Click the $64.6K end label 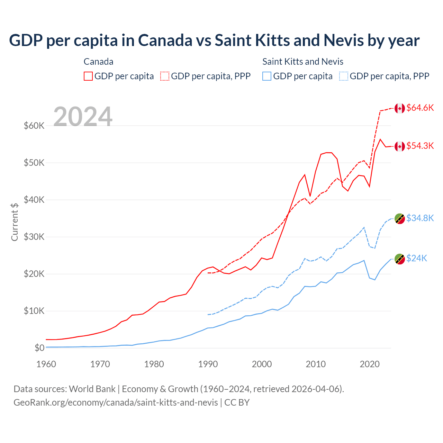coord(420,108)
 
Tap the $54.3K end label coord(420,146)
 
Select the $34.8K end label coord(420,218)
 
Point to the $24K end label coord(417,259)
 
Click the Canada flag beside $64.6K coord(400,108)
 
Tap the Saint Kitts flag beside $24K coord(400,259)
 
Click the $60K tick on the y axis coord(34,126)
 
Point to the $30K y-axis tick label coord(34,237)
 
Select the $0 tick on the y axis coord(39,348)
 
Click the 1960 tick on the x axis coord(46,364)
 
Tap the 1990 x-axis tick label coord(208,364)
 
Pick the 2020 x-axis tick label coord(370,364)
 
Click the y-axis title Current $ coord(15,222)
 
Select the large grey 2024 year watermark coord(83,117)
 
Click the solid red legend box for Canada coord(88,76)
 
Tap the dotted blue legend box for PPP coord(344,76)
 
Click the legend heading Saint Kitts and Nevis coord(303,62)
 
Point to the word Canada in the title coord(165,40)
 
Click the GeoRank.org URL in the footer coord(116,403)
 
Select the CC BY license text coord(237,403)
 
